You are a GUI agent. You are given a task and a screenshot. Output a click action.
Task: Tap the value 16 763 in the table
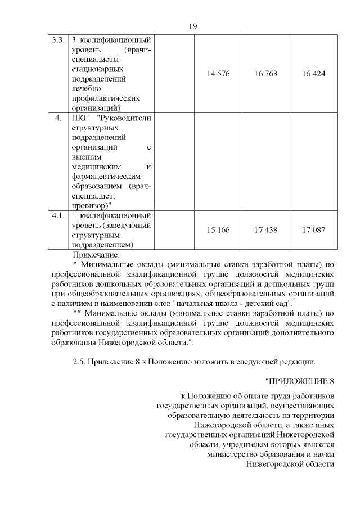[x=265, y=74]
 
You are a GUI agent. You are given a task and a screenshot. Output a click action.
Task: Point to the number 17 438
[x=265, y=230]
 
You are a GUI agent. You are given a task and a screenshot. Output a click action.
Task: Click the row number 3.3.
[x=58, y=41]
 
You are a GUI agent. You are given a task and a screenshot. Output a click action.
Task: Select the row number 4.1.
[x=58, y=215]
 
